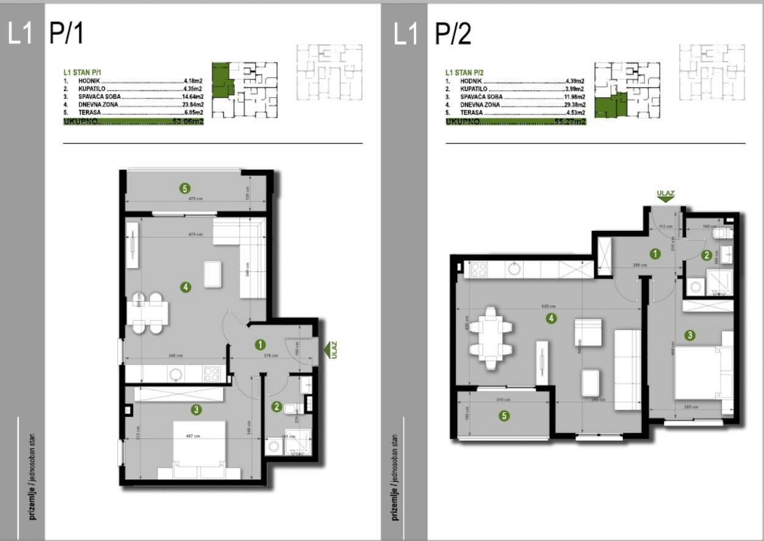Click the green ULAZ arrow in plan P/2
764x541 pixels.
pos(665,198)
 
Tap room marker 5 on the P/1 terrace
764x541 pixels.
pos(185,188)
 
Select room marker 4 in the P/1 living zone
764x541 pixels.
pos(186,286)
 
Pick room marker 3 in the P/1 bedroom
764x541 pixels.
pos(196,410)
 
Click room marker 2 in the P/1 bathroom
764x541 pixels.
pos(276,407)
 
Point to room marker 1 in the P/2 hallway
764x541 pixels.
pos(655,254)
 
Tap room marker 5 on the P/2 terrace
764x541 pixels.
pos(503,416)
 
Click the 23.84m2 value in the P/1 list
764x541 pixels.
pos(193,104)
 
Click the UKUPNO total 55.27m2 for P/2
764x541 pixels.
pos(571,122)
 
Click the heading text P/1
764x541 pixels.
pos(66,33)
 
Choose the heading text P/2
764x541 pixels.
pos(453,33)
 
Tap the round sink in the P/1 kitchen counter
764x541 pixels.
pos(176,374)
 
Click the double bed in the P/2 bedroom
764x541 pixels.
pos(697,372)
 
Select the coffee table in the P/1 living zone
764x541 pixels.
pos(212,274)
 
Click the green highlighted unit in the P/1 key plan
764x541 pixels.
pos(220,80)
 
